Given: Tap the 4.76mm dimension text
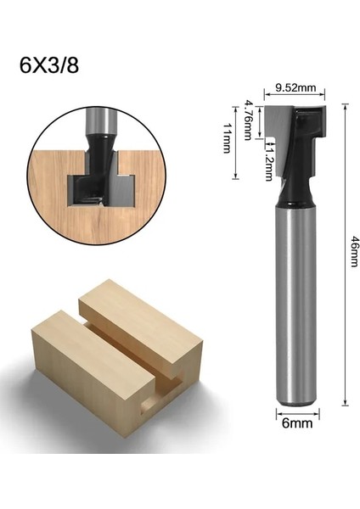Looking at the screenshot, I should pos(250,117).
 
